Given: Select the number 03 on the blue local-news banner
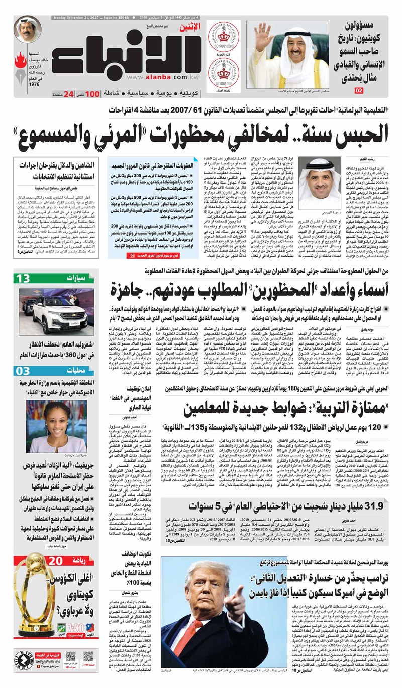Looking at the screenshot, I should pyautogui.click(x=23, y=371).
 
